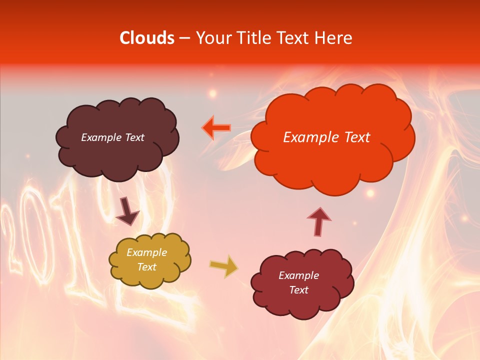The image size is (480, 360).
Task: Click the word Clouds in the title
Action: tap(147, 38)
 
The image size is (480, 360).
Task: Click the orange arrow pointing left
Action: tap(216, 128)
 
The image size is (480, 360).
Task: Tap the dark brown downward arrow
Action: tap(127, 211)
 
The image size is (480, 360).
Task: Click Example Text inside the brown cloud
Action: tap(112, 137)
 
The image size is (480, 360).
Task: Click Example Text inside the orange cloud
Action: tap(326, 137)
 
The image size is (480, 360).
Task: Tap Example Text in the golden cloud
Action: tap(146, 259)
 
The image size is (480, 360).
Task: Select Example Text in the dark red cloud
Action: tap(298, 282)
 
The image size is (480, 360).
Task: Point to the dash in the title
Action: tap(184, 38)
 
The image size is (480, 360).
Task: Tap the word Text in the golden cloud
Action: tap(146, 267)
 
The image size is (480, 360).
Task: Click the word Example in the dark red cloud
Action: tap(298, 275)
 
